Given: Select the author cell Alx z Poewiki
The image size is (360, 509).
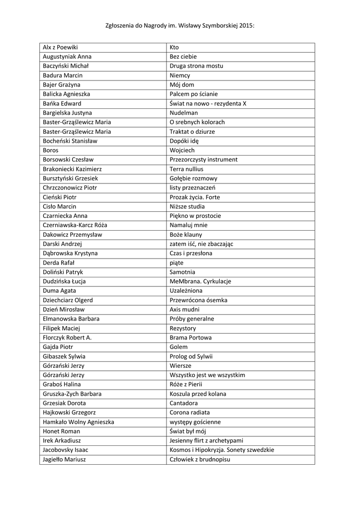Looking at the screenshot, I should coord(60,47).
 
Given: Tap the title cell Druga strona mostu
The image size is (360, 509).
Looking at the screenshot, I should coord(196,66).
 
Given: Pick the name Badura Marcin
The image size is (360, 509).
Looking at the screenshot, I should coord(63,76).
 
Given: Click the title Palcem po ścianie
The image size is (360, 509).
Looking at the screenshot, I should coord(193,94).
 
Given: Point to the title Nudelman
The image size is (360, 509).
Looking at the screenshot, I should coord(183,113).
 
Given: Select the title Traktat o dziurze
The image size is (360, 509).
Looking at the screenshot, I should coord(192,132).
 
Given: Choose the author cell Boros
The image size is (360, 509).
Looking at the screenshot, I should coord(51,150).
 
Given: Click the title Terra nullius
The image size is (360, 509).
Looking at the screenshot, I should coord(186,169).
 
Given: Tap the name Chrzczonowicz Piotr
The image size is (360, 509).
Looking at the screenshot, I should coord(70,188).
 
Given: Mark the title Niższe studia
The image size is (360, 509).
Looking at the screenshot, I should coord(187,206).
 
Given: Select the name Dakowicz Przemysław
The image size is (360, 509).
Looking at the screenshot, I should coord(73,235).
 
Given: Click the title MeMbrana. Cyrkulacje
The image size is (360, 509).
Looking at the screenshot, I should coord(200,281).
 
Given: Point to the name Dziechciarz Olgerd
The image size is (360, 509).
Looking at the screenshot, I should coord(68,300).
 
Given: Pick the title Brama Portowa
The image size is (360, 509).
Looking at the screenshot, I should coord(190,338).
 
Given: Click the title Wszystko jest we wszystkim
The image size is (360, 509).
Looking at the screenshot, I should coord(207,375).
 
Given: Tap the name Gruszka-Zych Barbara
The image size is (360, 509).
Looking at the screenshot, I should coord(73,394).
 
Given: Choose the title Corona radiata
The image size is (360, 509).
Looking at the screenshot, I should coord(189,413).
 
